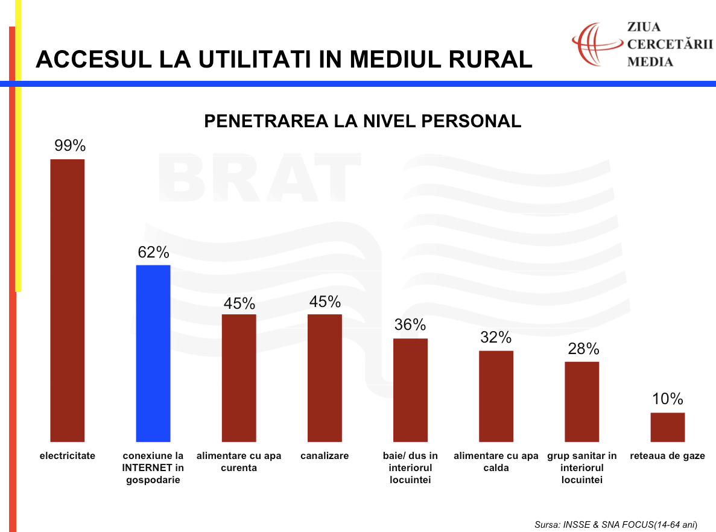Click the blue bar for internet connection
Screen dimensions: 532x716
point(153,353)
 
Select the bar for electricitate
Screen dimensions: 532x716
point(67,300)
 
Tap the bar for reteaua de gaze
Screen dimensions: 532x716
point(667,427)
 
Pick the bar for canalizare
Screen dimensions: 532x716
point(325,378)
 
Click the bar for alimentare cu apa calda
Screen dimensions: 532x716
point(496,396)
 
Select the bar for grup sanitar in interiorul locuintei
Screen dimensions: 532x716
point(581,401)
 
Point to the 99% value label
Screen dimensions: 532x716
point(70,145)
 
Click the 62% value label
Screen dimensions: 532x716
point(153,252)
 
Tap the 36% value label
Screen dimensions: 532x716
point(410,325)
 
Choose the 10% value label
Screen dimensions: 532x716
point(667,399)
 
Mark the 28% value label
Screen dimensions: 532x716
point(583,349)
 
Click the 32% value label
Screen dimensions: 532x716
point(496,338)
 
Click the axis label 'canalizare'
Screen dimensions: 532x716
point(325,456)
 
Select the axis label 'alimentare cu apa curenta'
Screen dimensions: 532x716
point(239,461)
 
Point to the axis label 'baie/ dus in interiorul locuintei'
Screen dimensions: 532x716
point(410,467)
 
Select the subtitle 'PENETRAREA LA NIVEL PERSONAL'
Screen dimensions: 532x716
point(363,121)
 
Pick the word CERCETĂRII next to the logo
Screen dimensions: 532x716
point(670,44)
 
